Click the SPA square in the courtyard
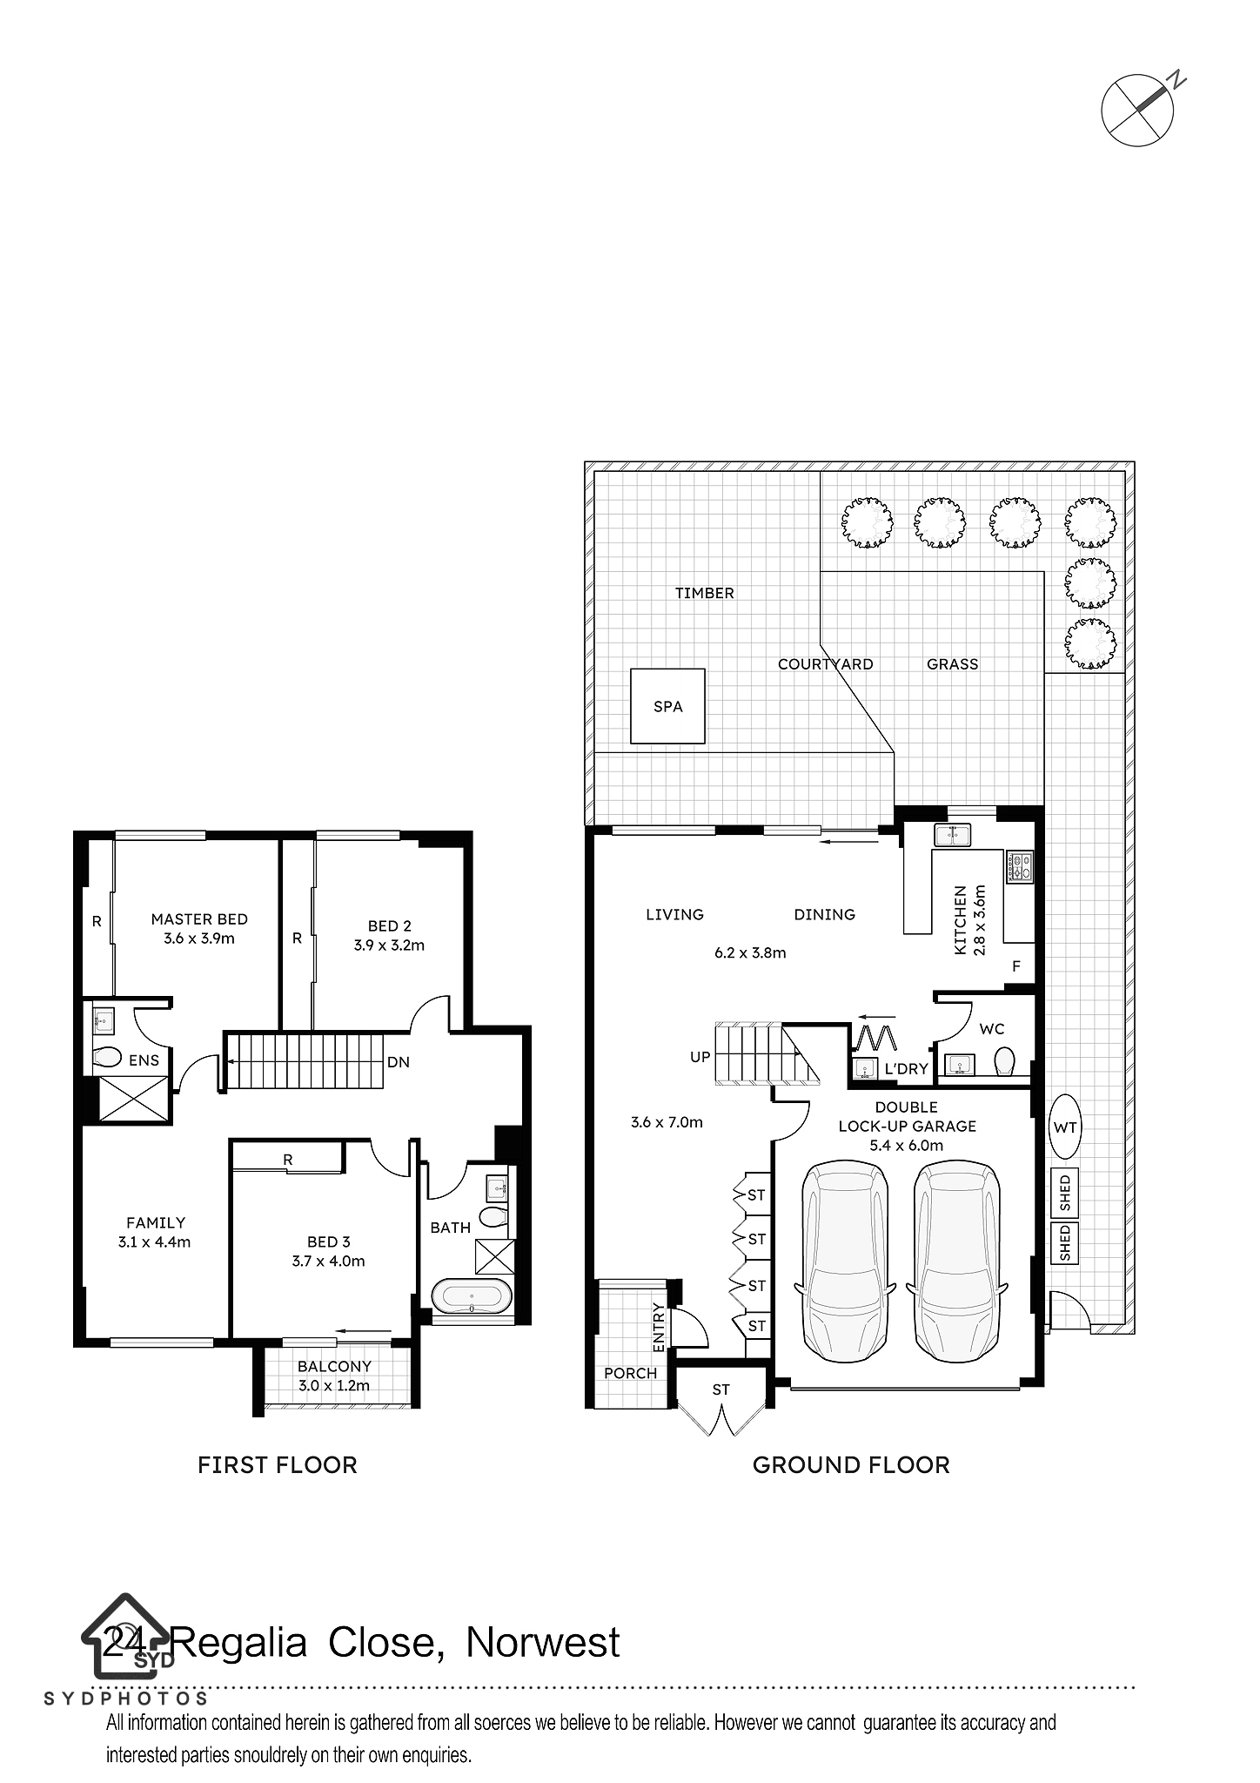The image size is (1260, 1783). pos(667,706)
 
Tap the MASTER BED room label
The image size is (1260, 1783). pos(199,918)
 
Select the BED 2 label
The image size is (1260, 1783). pos(389,926)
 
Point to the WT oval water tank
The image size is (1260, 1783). pos(1065,1127)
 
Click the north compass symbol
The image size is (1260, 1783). pos(1139,109)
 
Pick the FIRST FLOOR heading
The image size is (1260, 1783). pos(278,1465)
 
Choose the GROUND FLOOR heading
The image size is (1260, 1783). pos(851,1465)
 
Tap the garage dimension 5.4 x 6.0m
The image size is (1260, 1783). pos(907,1146)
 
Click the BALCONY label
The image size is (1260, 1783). pos(334,1367)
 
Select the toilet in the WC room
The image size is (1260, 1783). pos(1004,1060)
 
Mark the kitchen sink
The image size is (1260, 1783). pos(953,836)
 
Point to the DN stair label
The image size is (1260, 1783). pos(399,1062)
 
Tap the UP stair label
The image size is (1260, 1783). pos(700,1058)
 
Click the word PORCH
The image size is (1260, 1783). pos(631,1373)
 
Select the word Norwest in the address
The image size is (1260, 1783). pos(543,1644)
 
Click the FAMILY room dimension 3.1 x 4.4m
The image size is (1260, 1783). pos(154,1242)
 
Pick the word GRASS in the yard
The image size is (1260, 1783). pos(952,664)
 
